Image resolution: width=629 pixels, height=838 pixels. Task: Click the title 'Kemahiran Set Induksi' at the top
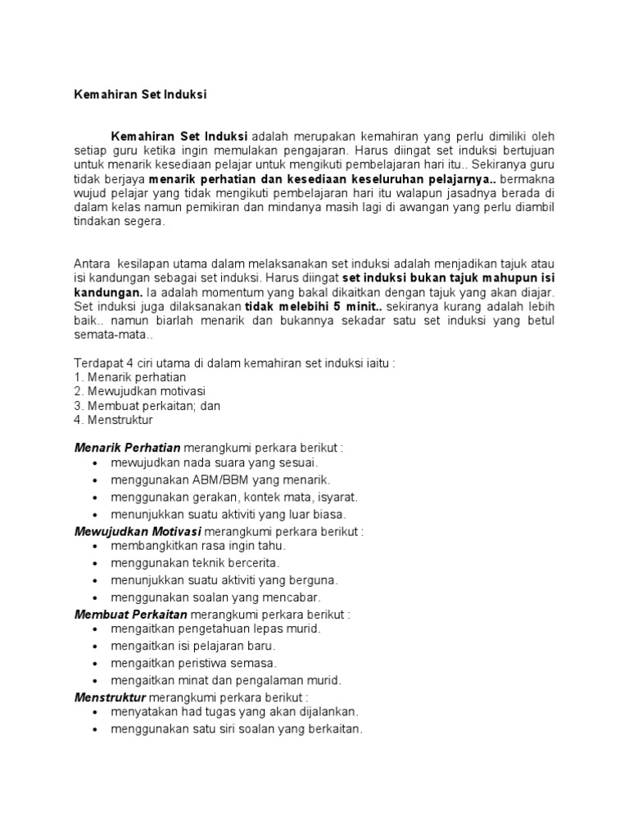click(140, 94)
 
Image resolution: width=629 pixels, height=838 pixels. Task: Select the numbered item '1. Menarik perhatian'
click(130, 377)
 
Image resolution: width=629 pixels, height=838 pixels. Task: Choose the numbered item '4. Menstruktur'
click(113, 420)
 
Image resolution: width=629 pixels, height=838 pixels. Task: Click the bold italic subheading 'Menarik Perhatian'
click(128, 448)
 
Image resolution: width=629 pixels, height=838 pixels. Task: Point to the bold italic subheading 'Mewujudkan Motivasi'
click(138, 531)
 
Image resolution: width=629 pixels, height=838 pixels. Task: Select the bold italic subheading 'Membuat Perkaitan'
click(131, 614)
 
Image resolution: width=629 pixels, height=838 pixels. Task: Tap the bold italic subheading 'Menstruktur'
click(110, 697)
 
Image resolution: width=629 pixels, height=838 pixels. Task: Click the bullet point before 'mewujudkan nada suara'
click(96, 464)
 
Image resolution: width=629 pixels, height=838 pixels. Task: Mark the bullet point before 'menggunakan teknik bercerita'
click(96, 563)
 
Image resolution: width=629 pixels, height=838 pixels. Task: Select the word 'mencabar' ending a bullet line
click(296, 597)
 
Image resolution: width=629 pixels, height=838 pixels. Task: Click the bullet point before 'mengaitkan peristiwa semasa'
click(96, 663)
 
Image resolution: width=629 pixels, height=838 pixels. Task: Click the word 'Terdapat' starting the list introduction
click(97, 363)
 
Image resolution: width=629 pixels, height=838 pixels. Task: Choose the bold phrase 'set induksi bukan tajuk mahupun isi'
click(459, 278)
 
